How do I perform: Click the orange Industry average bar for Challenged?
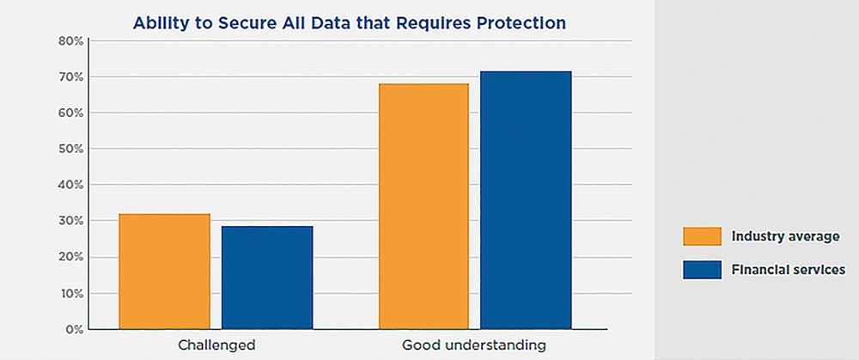[x=164, y=272]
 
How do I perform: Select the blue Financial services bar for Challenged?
[x=267, y=278]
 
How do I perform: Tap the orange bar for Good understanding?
[x=424, y=206]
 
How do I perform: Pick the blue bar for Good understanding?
[x=526, y=200]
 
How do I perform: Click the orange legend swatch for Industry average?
[x=702, y=236]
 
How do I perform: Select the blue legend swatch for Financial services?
[x=702, y=270]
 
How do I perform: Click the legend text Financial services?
[x=789, y=270]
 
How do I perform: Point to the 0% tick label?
[x=75, y=329]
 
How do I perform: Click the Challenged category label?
[x=216, y=345]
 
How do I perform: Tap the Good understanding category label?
[x=474, y=345]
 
